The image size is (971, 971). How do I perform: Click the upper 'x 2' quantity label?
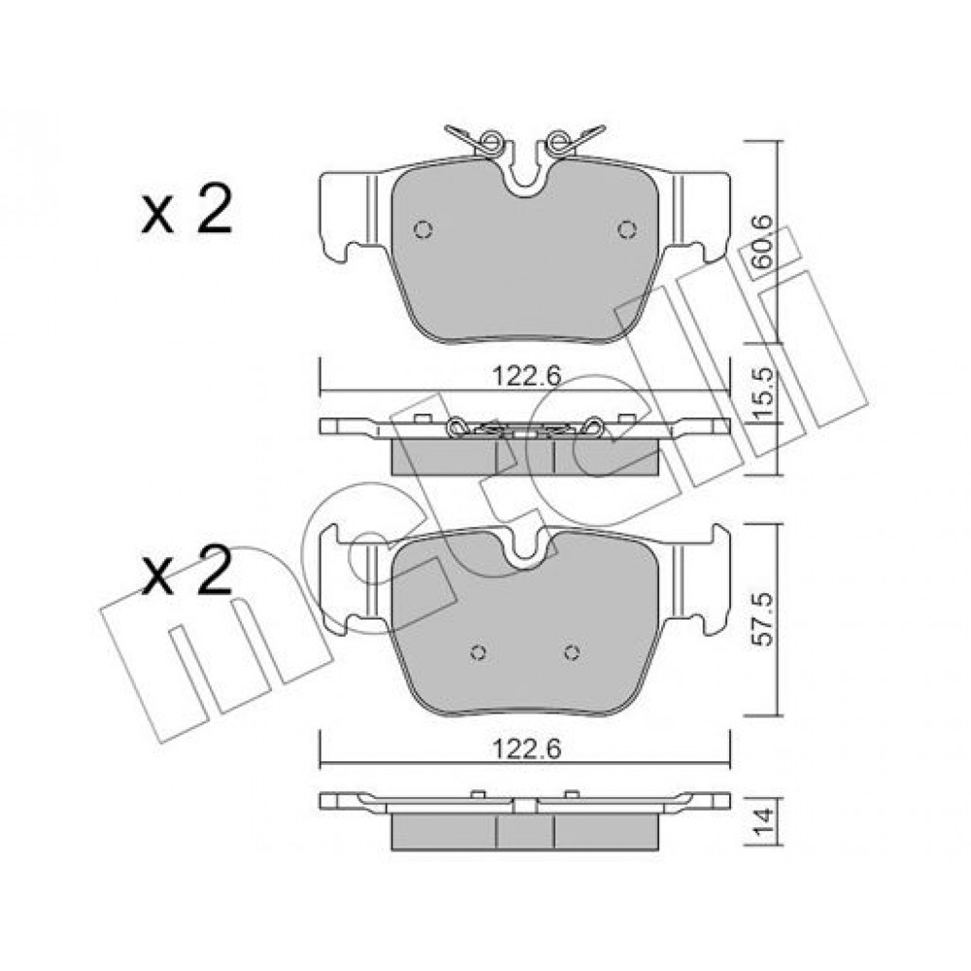tap(185, 210)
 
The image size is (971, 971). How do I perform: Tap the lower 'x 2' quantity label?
tap(185, 571)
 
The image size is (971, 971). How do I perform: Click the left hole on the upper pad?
tap(422, 230)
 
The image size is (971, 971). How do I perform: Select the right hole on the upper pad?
tap(627, 230)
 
